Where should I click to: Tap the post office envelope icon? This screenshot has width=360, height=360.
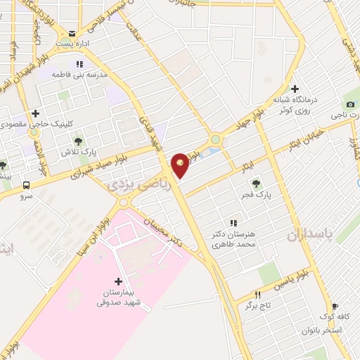72,33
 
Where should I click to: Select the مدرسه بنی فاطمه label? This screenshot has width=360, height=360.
82,74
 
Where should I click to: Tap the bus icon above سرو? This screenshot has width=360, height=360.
27,186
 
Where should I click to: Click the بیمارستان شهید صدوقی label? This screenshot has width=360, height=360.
118,298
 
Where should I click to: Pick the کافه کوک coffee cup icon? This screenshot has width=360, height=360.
335,307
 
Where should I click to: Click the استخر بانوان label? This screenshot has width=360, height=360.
321,330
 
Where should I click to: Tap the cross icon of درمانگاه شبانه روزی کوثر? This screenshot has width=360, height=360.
295,89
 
